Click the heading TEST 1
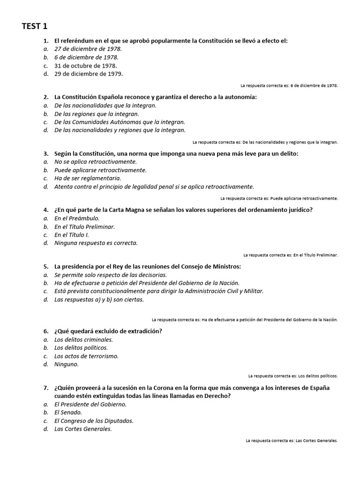pyautogui.click(x=35, y=26)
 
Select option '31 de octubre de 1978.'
pyautogui.click(x=86, y=66)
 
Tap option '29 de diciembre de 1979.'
pyautogui.click(x=89, y=74)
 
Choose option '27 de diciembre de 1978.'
pyautogui.click(x=88, y=49)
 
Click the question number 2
pyautogui.click(x=45, y=97)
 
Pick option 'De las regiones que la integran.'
pyautogui.click(x=97, y=113)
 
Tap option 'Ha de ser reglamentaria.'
pyautogui.click(x=88, y=178)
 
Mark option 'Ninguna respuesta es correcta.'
pyautogui.click(x=96, y=243)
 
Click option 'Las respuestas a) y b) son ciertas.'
pyautogui.click(x=99, y=299)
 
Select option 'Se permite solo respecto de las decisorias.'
pyautogui.click(x=111, y=275)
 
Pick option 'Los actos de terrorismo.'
pyautogui.click(x=86, y=356)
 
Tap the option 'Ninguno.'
pyautogui.click(x=67, y=364)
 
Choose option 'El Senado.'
pyautogui.click(x=68, y=412)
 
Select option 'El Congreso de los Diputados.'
pyautogui.click(x=94, y=420)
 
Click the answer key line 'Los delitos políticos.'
pyautogui.click(x=293, y=376)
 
